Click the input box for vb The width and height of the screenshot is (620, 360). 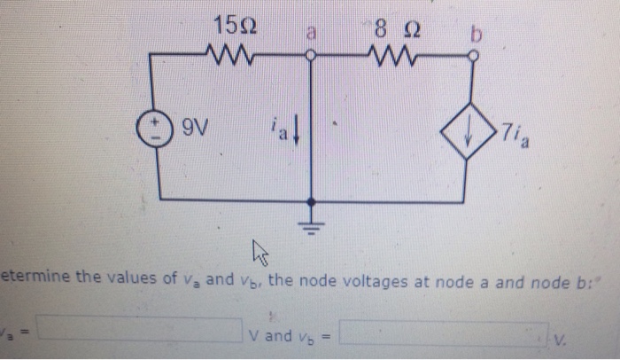coord(442,333)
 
